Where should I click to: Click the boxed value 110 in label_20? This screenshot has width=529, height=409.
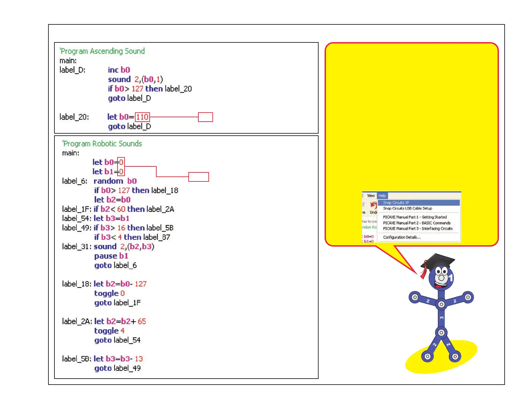point(142,117)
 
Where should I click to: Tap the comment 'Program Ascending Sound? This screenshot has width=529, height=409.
point(102,51)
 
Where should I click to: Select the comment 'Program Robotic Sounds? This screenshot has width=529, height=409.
point(102,144)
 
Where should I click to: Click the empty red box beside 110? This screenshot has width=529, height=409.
point(205,117)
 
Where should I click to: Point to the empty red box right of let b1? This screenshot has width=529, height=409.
point(198,177)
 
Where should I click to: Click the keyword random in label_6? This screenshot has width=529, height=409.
point(108,181)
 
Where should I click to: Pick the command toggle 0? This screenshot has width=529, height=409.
point(109,293)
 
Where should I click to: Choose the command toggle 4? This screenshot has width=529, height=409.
point(109,331)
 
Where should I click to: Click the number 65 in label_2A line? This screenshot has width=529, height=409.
point(142,321)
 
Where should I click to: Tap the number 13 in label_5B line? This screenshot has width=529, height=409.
point(139,359)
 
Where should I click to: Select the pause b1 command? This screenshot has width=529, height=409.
point(111,256)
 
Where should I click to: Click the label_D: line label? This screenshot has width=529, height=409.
point(72,70)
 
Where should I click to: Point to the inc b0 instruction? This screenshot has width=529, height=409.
point(119,70)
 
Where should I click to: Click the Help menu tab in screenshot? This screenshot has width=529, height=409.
point(382,196)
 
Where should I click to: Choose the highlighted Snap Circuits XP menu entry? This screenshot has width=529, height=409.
point(396,202)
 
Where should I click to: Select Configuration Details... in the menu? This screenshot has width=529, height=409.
point(402,237)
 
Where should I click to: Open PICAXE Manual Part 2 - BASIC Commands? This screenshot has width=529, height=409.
point(416,223)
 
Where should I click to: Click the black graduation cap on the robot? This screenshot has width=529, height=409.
point(439,260)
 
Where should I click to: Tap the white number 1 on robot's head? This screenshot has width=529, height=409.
point(451,278)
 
